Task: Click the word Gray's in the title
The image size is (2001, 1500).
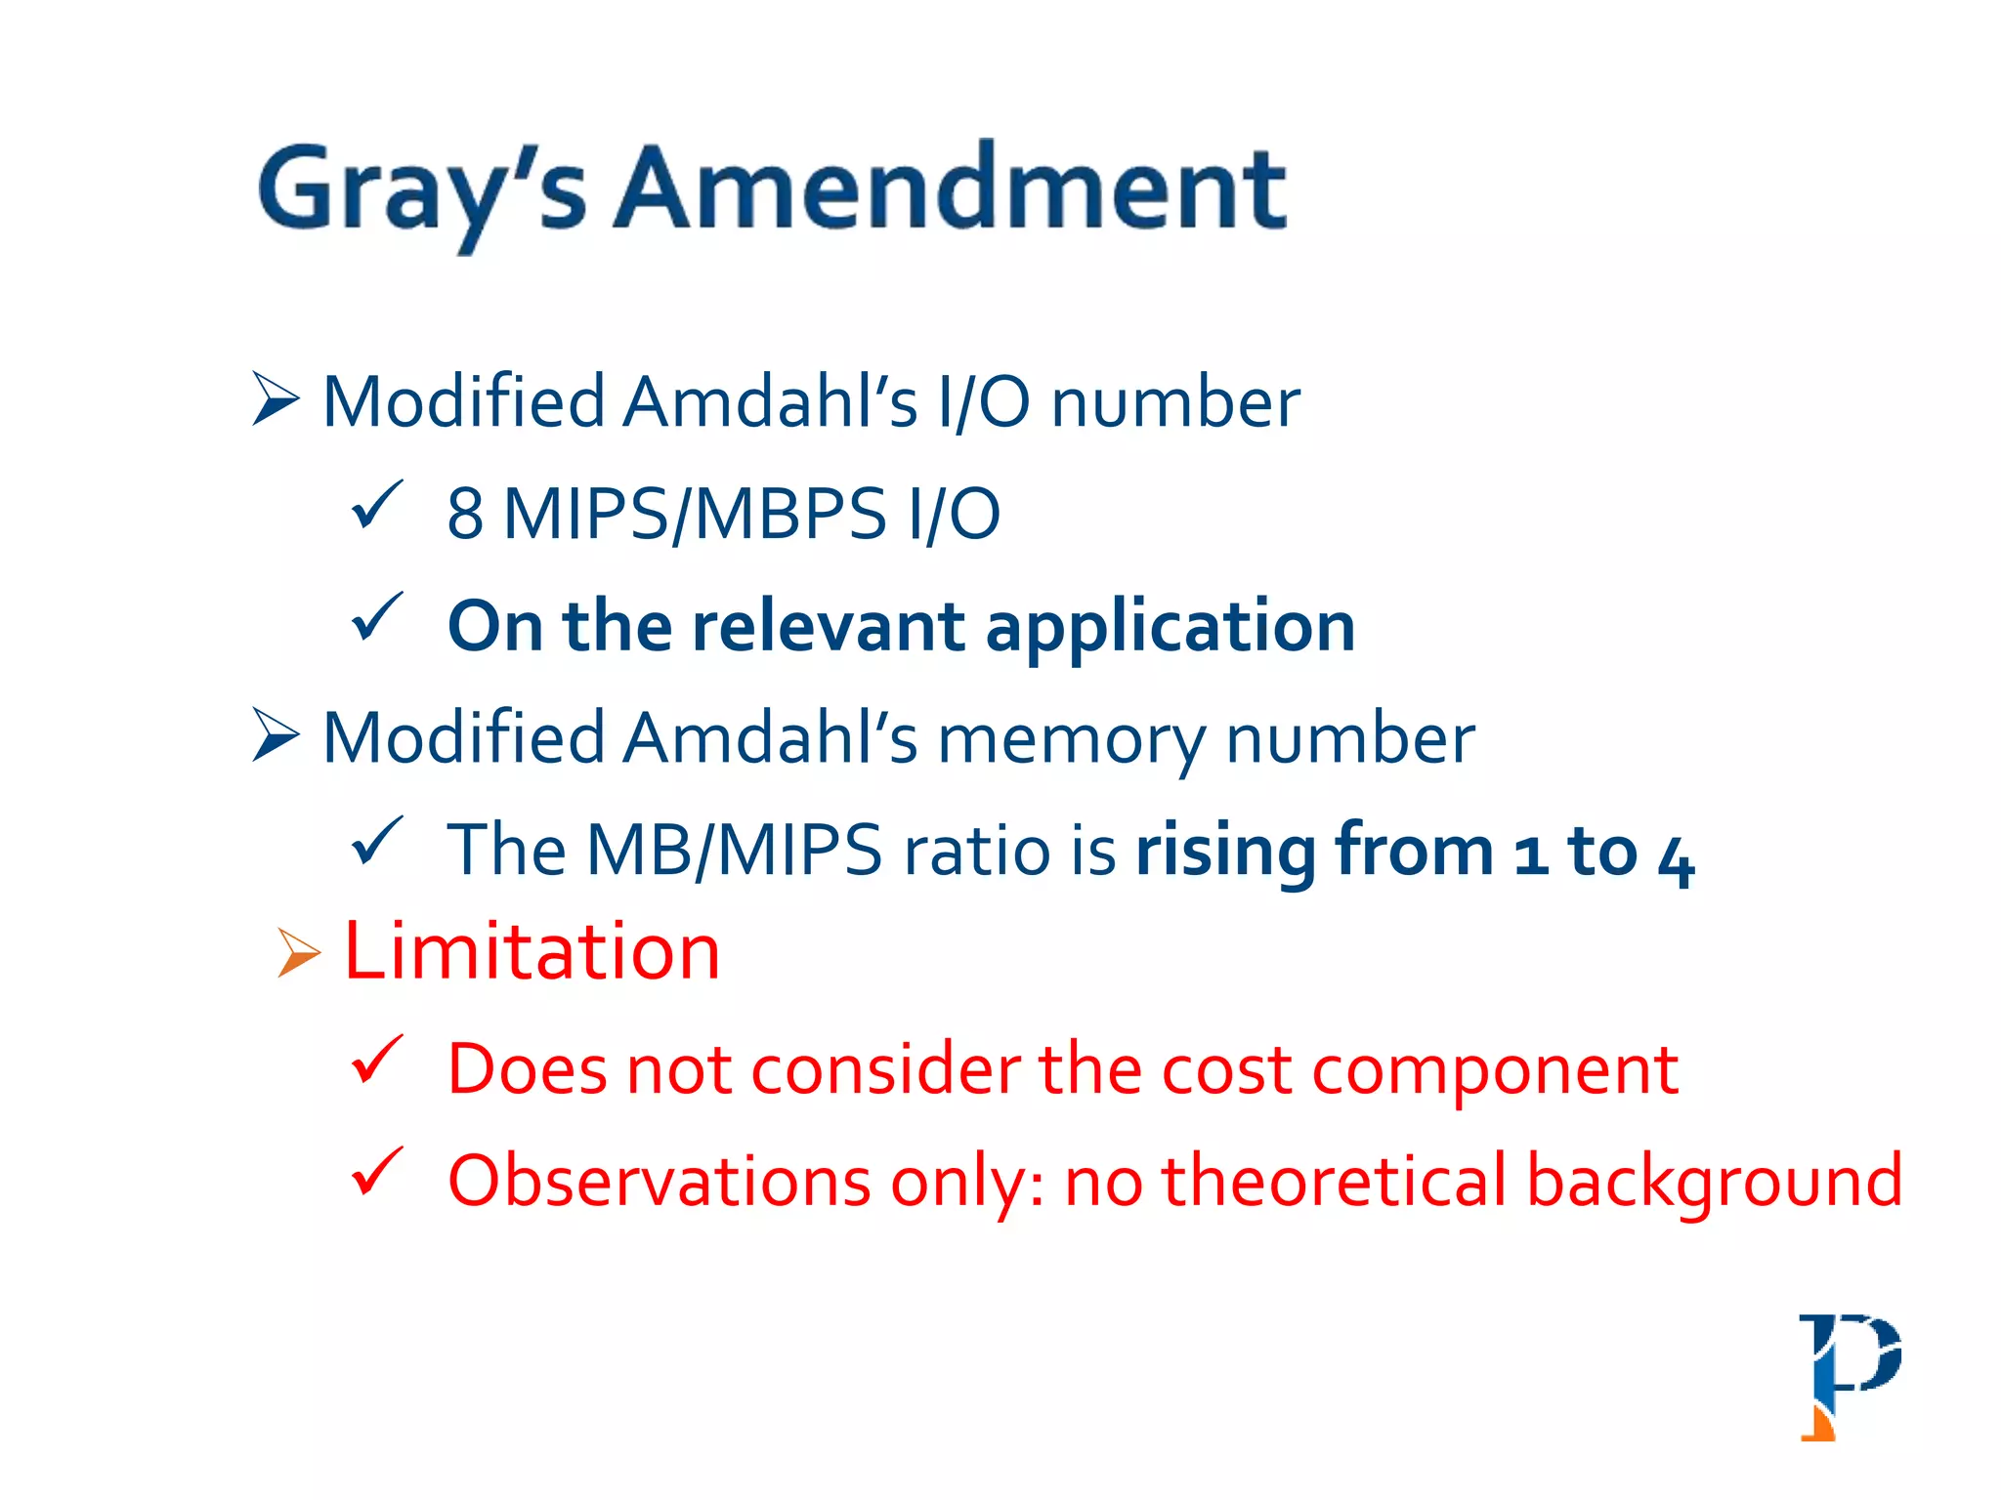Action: (420, 190)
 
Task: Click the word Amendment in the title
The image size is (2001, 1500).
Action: (950, 187)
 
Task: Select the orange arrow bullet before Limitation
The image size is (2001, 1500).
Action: (298, 952)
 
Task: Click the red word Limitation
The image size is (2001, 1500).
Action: (532, 952)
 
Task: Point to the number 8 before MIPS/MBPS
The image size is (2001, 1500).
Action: (465, 514)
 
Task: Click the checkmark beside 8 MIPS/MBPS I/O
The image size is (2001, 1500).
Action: (376, 505)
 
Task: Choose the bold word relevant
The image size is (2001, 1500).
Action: (829, 626)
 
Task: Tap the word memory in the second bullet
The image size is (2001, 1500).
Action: (1071, 740)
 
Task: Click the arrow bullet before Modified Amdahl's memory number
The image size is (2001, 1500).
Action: (276, 734)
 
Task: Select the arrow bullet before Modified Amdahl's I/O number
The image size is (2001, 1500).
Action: (276, 398)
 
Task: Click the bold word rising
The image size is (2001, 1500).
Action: (1226, 851)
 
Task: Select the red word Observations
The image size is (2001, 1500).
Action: (660, 1182)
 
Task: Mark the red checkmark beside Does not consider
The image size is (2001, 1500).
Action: (376, 1060)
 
